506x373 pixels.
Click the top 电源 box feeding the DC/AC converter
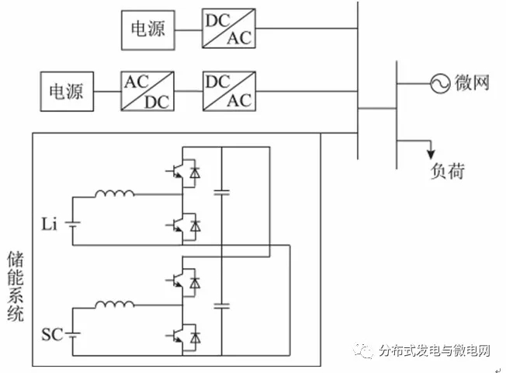pyautogui.click(x=147, y=30)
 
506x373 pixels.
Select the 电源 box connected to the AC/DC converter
pyautogui.click(x=67, y=91)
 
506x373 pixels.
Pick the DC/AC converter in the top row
pyautogui.click(x=228, y=30)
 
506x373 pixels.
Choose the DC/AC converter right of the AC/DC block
pyautogui.click(x=228, y=91)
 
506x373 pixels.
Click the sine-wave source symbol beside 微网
pyautogui.click(x=441, y=82)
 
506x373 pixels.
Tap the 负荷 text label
pyautogui.click(x=446, y=171)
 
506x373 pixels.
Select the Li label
pyautogui.click(x=50, y=225)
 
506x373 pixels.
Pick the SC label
pyautogui.click(x=51, y=336)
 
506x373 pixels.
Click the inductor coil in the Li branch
pyautogui.click(x=114, y=193)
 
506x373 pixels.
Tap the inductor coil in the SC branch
pyautogui.click(x=114, y=305)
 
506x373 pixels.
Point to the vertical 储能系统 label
pyautogui.click(x=16, y=285)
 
